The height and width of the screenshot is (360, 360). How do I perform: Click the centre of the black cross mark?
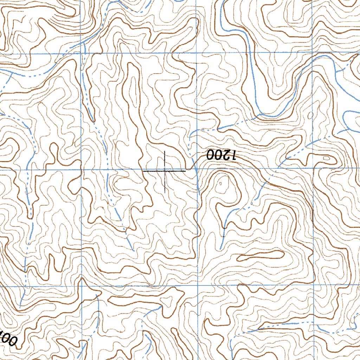click(165, 171)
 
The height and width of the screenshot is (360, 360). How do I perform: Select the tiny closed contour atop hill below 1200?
click(220, 183)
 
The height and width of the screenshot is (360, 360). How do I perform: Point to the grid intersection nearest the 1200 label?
click(197, 169)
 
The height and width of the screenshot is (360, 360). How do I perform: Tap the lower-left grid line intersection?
click(82, 286)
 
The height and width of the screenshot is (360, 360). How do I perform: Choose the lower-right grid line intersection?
click(313, 285)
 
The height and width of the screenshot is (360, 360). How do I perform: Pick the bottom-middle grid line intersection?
click(197, 285)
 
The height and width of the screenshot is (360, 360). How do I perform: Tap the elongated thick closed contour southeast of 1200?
click(261, 256)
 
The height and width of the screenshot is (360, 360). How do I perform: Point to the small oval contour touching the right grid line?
click(310, 115)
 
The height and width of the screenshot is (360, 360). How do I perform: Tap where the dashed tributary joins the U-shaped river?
click(261, 114)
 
